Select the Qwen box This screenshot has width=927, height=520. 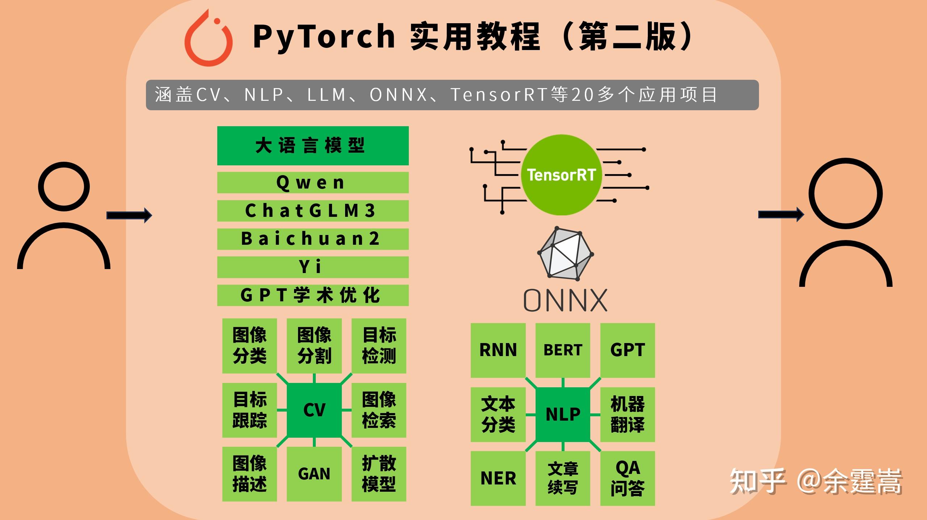pos(313,182)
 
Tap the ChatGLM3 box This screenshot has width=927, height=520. pos(313,211)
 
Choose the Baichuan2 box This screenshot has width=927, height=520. pos(313,239)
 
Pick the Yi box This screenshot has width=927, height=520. pos(313,267)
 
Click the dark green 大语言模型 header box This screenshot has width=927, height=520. pos(313,146)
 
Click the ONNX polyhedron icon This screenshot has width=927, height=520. pos(565,254)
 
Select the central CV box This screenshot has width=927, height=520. pos(314,410)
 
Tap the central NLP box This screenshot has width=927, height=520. pos(563,414)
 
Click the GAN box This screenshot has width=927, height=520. pos(314,474)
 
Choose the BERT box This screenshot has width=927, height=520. pos(563,350)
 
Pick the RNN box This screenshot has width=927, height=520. pos(498,350)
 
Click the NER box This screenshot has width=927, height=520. pos(498,478)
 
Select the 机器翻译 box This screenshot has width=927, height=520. pos(628,414)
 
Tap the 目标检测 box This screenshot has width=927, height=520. pos(379,346)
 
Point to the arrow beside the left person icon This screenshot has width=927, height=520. pos(129,215)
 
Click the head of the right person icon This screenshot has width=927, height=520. pos(845,193)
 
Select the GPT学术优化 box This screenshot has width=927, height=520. pos(313,295)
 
